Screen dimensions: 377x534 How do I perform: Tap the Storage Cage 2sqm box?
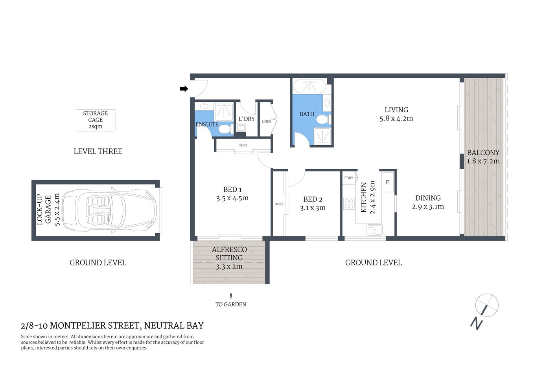(96, 120)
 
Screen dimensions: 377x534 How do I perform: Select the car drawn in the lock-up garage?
(109, 210)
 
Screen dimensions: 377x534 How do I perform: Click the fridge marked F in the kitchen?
(387, 182)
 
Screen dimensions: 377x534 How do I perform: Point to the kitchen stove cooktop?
(349, 204)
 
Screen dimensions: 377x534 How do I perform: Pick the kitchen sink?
(374, 229)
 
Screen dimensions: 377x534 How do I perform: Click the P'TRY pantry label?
(349, 178)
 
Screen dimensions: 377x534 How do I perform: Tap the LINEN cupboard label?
(266, 121)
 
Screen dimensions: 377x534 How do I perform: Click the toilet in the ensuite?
(224, 129)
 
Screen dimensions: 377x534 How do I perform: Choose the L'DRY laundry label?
(247, 119)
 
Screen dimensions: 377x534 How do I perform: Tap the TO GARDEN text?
(231, 304)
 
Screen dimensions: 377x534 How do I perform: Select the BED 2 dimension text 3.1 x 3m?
(313, 208)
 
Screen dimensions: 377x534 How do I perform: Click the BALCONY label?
(483, 153)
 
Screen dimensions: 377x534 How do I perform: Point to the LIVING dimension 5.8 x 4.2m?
(396, 119)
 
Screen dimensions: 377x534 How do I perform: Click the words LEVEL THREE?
(98, 151)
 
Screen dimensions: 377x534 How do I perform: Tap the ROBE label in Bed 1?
(243, 145)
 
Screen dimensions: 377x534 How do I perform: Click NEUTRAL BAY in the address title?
(174, 326)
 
